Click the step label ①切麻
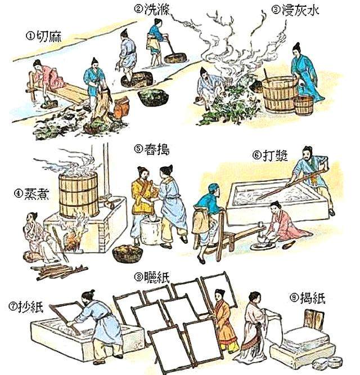(x=44, y=37)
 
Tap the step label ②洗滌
(x=152, y=10)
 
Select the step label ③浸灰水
(x=295, y=10)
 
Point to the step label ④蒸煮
(x=31, y=194)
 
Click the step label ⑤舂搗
(x=152, y=149)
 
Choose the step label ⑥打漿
(x=270, y=155)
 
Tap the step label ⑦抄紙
(x=26, y=306)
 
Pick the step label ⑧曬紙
(x=152, y=278)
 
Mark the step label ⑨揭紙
(x=308, y=298)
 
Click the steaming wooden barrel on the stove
(x=79, y=195)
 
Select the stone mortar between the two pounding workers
(x=151, y=230)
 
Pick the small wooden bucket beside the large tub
(x=303, y=105)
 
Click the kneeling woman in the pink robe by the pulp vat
(x=285, y=224)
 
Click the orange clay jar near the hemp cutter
(x=121, y=107)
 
